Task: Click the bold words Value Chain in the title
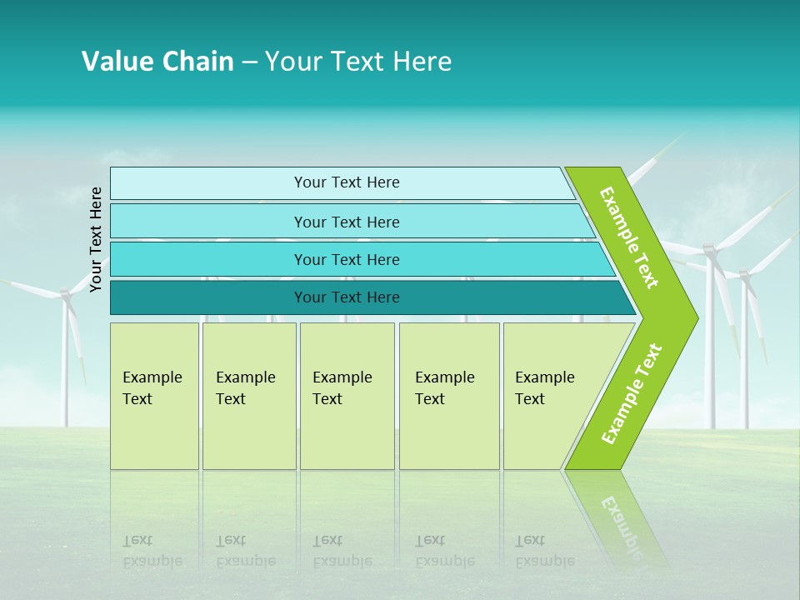[x=157, y=62]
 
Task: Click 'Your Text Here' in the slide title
[x=358, y=62]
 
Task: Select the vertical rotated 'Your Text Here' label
[x=96, y=239]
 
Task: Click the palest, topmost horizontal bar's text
[x=347, y=182]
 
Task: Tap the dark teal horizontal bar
[x=347, y=297]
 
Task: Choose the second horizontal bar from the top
[x=347, y=222]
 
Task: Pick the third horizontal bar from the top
[x=347, y=259]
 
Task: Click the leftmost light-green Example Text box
[x=154, y=396]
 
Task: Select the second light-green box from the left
[x=249, y=396]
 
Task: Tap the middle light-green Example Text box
[x=347, y=396]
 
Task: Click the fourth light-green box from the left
[x=449, y=396]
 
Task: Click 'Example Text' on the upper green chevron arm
[x=629, y=237]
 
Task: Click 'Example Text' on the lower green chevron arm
[x=631, y=393]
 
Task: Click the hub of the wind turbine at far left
[x=65, y=293]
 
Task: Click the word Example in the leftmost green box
[x=152, y=377]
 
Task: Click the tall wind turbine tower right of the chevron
[x=710, y=350]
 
